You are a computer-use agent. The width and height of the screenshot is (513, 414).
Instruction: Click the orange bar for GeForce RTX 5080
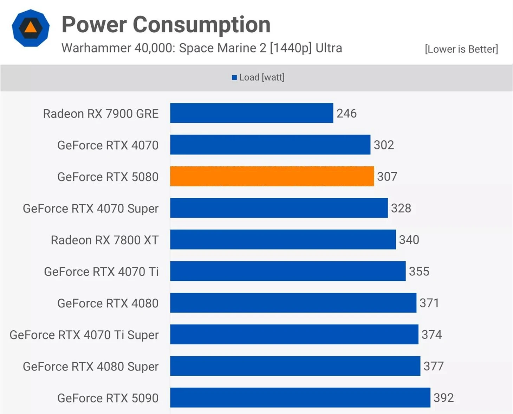[272, 176]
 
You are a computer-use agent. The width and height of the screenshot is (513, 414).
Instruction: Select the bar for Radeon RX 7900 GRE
[252, 113]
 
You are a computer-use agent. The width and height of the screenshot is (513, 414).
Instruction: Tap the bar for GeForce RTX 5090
[300, 397]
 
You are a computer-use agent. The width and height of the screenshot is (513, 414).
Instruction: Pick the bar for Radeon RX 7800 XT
[283, 240]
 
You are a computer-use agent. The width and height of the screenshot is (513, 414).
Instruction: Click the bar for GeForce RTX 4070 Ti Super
[294, 334]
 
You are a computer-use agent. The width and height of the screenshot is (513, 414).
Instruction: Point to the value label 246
[346, 113]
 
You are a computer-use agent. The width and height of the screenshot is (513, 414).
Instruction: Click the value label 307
[387, 176]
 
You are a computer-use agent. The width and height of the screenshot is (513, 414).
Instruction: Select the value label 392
[443, 397]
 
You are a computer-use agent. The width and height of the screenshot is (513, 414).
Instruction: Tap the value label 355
[419, 271]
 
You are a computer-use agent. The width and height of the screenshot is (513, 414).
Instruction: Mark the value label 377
[433, 366]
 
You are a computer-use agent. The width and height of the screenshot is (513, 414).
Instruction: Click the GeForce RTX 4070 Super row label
[91, 208]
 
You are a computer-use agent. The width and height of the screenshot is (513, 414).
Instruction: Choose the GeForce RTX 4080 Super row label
[91, 367]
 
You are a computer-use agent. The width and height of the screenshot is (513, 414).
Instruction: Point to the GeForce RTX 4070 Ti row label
[101, 272]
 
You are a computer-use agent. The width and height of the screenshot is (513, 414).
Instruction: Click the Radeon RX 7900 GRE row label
[101, 114]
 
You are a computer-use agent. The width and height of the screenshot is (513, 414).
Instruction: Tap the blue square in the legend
[234, 78]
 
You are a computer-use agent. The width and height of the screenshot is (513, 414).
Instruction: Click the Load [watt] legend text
[261, 77]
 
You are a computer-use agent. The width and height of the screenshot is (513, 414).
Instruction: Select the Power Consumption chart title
[166, 25]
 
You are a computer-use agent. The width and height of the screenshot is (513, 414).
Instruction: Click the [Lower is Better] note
[461, 49]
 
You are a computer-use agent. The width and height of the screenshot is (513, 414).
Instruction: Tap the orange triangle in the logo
[31, 27]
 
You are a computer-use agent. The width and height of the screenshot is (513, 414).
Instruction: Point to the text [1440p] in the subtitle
[291, 48]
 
